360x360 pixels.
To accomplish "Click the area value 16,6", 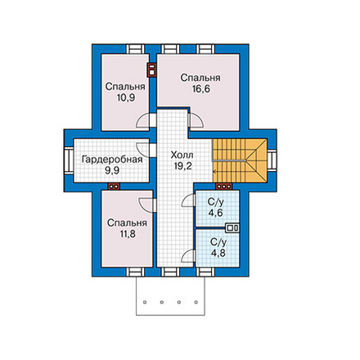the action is click(201, 89).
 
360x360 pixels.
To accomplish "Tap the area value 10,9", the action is click(126, 97).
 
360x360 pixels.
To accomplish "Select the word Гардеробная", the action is click(112, 160).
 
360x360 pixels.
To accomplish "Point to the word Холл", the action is click(182, 155).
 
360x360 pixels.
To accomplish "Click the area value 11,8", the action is click(128, 234).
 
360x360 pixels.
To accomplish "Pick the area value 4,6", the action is click(215, 213).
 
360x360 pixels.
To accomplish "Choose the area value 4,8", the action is click(218, 253).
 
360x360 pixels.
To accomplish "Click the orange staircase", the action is click(240, 160).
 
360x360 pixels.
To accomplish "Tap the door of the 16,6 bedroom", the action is click(196, 120).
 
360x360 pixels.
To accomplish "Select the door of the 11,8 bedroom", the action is click(147, 205).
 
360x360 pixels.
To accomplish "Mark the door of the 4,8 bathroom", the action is click(189, 256).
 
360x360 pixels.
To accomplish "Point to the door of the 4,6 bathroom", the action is click(189, 200).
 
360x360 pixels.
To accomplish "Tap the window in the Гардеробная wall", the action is click(69, 160).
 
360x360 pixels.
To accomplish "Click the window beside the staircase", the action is click(272, 160).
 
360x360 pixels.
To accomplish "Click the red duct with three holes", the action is click(224, 187).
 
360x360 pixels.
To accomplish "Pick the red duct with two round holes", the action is click(114, 187).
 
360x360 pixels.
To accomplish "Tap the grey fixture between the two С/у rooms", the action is click(232, 227).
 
